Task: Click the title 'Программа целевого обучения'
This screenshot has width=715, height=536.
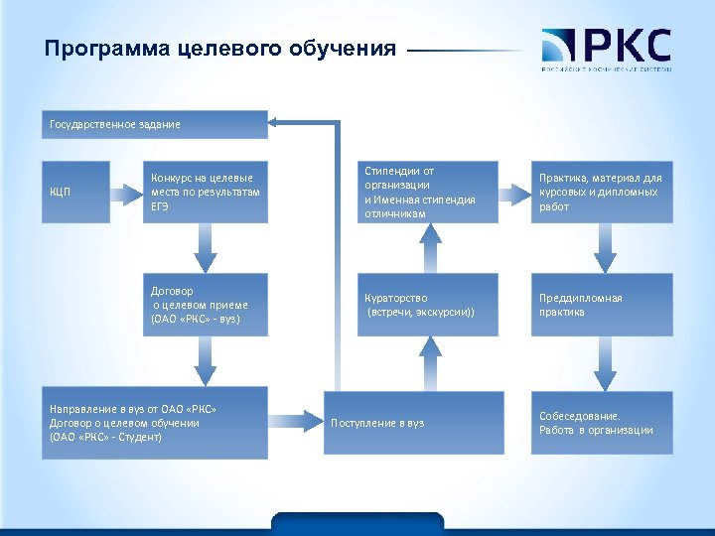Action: (x=219, y=49)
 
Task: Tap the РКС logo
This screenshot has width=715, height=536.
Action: (x=606, y=51)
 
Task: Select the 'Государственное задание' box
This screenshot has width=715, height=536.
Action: (x=154, y=124)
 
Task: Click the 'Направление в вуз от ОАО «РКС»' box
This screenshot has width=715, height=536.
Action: (x=154, y=423)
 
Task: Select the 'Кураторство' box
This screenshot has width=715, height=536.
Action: (x=428, y=306)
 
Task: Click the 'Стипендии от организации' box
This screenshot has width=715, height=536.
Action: (x=428, y=192)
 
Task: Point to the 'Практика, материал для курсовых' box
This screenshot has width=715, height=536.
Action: (x=602, y=192)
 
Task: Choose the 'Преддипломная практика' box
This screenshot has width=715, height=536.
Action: (x=602, y=306)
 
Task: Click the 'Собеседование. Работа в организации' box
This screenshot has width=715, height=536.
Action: (x=602, y=423)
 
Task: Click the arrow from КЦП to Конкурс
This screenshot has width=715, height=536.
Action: (x=123, y=192)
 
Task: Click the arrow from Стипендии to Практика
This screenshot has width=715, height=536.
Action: (x=514, y=192)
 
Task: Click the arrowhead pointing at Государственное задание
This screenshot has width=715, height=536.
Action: (x=278, y=122)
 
